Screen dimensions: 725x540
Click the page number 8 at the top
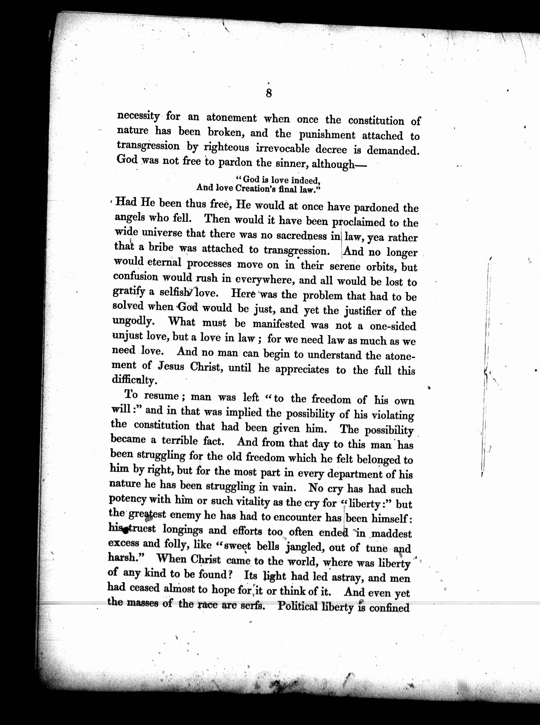(268, 94)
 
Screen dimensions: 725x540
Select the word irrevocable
(282, 149)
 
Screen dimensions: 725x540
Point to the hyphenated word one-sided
(393, 326)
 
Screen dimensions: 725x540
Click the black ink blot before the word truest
(124, 533)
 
